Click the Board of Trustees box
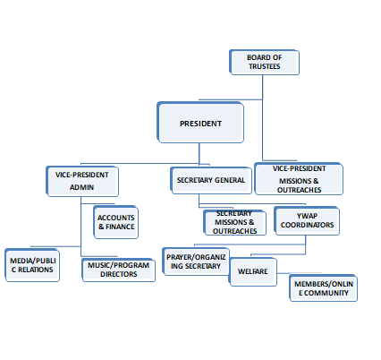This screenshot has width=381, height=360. click(264, 62)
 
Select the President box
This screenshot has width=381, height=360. click(200, 123)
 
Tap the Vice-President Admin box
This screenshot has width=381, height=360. click(82, 181)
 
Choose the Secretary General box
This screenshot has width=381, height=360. click(211, 180)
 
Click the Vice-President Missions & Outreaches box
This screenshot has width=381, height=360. click(299, 178)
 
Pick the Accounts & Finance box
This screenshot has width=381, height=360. click(115, 222)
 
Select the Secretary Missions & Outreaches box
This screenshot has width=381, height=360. click(234, 222)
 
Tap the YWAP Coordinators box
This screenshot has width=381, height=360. click(307, 221)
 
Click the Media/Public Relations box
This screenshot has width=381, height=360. click(32, 265)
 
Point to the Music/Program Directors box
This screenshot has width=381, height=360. click(119, 270)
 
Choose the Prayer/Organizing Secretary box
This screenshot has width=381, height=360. click(196, 261)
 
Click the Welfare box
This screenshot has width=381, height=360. click(253, 271)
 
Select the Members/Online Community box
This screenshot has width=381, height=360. click(324, 288)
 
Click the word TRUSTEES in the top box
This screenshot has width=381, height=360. click(265, 66)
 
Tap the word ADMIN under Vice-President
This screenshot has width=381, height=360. click(81, 187)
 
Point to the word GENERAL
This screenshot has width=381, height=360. click(230, 180)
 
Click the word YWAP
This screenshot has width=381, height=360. click(307, 216)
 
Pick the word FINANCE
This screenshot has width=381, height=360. click(120, 227)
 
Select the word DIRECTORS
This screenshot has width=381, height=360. click(119, 274)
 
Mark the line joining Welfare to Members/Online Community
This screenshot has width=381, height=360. click(299, 273)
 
